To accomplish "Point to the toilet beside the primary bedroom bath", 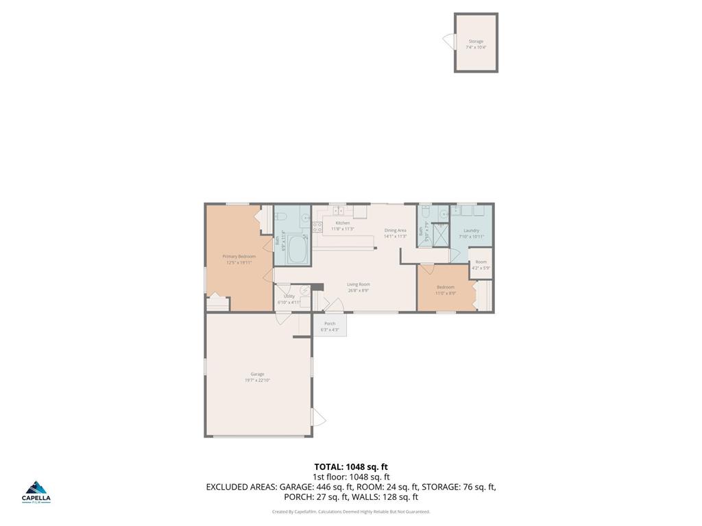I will coord(281,218).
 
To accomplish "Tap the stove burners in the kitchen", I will coord(317,227).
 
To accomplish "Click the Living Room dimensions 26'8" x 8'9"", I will coord(358,290).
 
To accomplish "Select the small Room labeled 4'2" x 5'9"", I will coord(481,264).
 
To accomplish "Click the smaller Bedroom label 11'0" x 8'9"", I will coord(445,290).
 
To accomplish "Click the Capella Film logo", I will coord(36,491).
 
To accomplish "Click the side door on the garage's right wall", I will coord(318,417).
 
